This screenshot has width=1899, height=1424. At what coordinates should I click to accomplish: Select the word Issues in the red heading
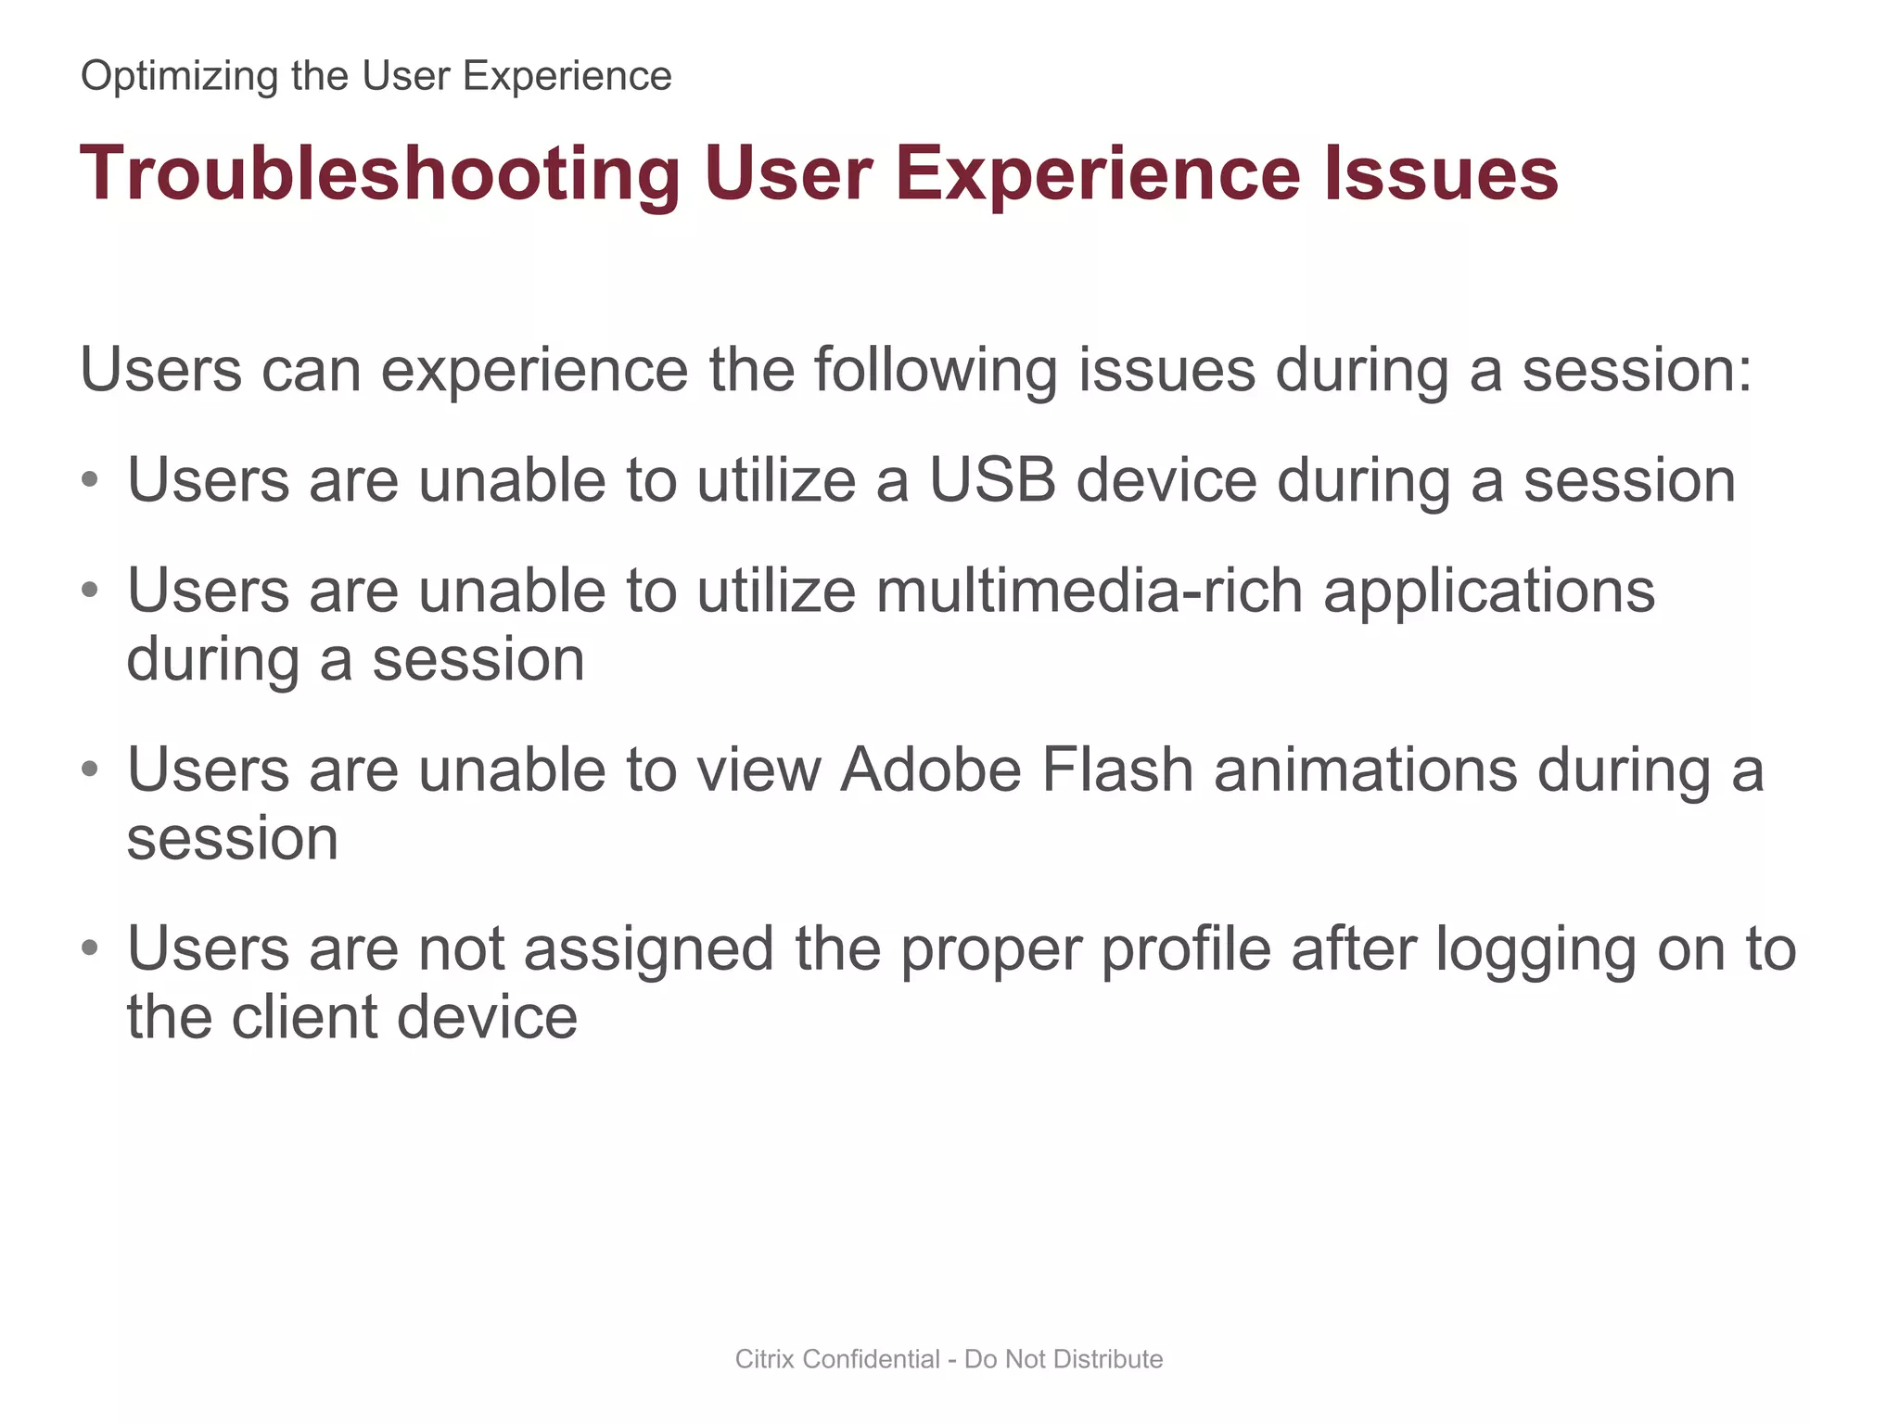[1441, 174]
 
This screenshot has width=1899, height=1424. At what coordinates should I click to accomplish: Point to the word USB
[992, 480]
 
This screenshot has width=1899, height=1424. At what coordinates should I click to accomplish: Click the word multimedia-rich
[1089, 591]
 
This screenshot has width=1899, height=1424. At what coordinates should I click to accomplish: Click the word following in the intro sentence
[935, 371]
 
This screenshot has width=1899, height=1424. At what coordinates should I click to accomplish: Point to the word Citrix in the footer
[765, 1359]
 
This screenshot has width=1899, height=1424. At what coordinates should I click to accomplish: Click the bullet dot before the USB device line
[89, 480]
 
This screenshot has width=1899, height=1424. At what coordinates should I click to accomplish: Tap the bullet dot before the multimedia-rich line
[89, 591]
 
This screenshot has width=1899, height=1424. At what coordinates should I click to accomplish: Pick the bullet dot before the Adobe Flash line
[89, 769]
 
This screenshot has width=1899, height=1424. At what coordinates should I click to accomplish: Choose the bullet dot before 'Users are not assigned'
[89, 948]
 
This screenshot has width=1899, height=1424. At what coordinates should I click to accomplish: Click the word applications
[1489, 592]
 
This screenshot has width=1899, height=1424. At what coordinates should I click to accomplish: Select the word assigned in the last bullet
[648, 951]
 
